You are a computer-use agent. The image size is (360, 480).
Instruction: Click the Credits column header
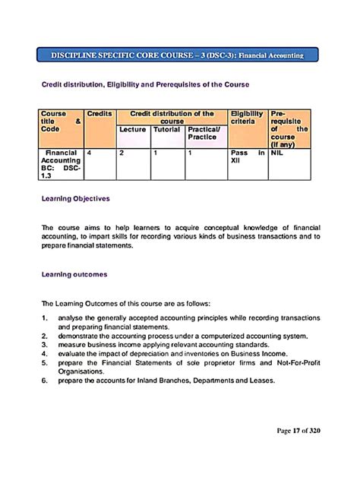pos(99,114)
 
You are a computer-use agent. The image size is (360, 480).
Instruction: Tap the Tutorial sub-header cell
pos(166,130)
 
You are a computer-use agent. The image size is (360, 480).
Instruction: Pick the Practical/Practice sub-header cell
pos(204,134)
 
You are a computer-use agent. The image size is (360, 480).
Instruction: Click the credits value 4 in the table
pos(90,153)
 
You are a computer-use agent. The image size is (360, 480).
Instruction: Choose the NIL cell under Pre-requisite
pos(277,153)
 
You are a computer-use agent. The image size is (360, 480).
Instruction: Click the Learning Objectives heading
pos(75,198)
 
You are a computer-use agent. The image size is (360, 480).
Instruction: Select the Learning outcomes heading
pos(74,273)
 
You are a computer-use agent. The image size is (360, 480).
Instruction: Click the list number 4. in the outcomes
pos(46,352)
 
